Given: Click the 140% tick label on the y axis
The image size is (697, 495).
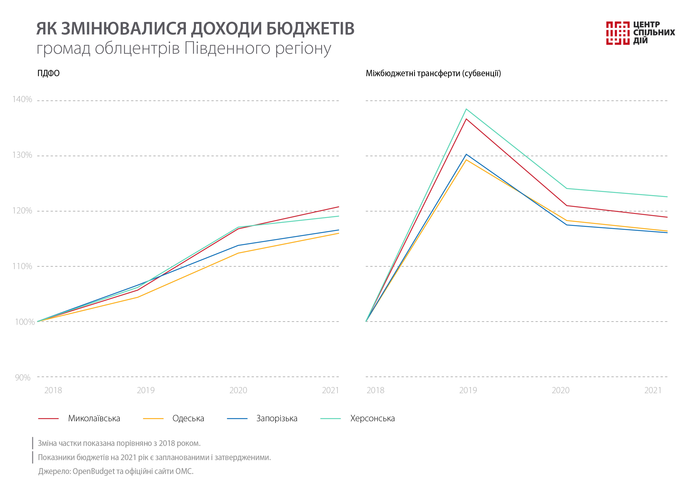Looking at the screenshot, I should pos(22,99).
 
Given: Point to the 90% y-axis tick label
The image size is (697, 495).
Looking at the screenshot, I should pos(22,378).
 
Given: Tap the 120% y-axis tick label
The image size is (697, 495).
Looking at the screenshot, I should pos(22,211).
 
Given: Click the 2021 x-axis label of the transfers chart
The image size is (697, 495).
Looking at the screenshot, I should pos(653,390).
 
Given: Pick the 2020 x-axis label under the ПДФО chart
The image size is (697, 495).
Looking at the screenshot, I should pos(238,390).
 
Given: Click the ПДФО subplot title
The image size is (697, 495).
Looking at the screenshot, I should pos(48,74).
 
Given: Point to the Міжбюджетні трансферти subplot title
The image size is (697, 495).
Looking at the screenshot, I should pos(433,74).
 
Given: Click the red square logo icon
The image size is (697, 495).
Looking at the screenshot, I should pos(617,33).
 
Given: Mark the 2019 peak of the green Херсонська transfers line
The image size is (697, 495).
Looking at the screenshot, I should pos(466,109).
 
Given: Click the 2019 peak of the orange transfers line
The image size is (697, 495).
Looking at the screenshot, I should pos(466,160).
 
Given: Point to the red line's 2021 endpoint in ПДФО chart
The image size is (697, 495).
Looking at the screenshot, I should pos(338,207).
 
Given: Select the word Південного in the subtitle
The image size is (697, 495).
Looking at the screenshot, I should pos(227,48).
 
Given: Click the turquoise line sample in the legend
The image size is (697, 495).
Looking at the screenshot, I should pos(330,419).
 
